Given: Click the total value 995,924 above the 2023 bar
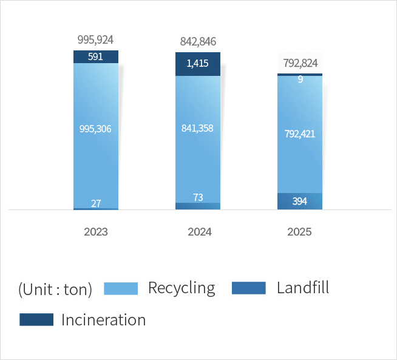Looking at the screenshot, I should (x=96, y=40).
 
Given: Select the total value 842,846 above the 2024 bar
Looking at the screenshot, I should (x=198, y=42).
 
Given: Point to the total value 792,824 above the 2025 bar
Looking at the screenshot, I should (x=300, y=63).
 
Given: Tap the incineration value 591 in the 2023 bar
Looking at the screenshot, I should (x=96, y=57).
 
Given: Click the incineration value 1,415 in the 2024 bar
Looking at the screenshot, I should (x=198, y=64).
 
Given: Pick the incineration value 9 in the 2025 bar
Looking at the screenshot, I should (x=300, y=79).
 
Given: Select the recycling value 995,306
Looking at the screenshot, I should (x=96, y=129).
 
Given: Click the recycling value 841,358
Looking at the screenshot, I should (x=198, y=128).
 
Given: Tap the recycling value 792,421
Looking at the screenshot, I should (x=300, y=134).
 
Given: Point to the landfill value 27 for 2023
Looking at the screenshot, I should (x=96, y=203).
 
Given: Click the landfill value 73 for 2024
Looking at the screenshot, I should (x=198, y=197).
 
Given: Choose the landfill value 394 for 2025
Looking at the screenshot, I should (x=300, y=202).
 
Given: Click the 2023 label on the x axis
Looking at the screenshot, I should (x=96, y=232).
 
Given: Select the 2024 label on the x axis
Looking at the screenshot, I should (x=198, y=232).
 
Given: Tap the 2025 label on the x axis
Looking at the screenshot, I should (x=300, y=232).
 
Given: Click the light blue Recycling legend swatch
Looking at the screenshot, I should (x=121, y=288).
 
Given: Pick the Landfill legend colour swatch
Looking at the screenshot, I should (x=249, y=288).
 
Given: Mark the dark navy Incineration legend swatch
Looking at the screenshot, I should (x=36, y=320).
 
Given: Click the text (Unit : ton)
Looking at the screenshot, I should (x=55, y=290).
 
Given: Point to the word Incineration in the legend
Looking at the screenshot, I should (x=104, y=320).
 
